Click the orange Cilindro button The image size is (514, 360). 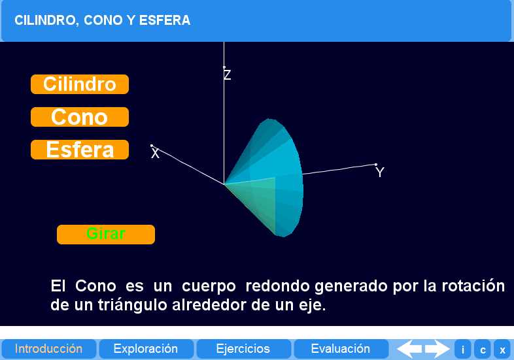[79, 84]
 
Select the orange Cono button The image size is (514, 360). [79, 117]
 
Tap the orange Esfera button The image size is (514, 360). [79, 150]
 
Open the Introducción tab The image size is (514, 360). [49, 349]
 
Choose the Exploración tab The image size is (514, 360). [146, 349]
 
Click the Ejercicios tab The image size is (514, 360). [243, 349]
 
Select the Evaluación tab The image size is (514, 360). [340, 349]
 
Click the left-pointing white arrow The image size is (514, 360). [409, 349]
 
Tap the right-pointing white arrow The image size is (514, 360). [437, 349]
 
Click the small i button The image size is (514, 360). [462, 350]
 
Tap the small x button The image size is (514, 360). [502, 350]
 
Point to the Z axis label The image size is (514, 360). [227, 75]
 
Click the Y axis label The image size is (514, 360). [380, 173]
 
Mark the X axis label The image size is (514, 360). [155, 154]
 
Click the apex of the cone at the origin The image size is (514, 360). [224, 184]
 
